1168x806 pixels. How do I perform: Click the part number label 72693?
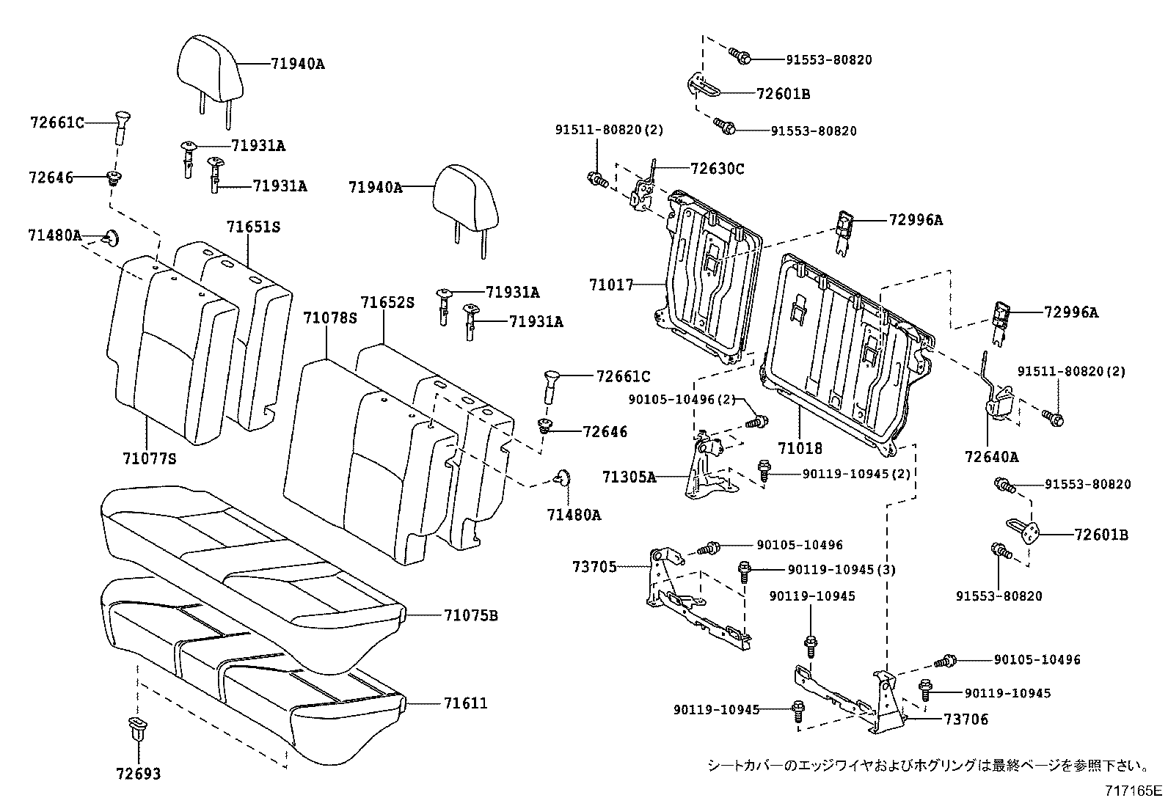pos(138,774)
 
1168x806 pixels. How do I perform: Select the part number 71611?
pos(465,703)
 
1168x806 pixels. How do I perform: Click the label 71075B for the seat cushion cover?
pos(470,615)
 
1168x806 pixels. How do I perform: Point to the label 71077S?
pos(150,459)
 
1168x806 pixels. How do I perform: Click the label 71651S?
pos(253,227)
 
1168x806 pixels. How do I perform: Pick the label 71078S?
pos(330,318)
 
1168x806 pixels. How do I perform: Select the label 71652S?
pos(387,303)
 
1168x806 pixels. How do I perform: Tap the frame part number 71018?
pos(800,447)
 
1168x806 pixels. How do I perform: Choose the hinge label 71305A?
pos(629,477)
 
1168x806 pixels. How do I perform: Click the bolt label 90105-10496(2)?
pos(682,399)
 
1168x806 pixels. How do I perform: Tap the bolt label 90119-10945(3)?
pos(842,570)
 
